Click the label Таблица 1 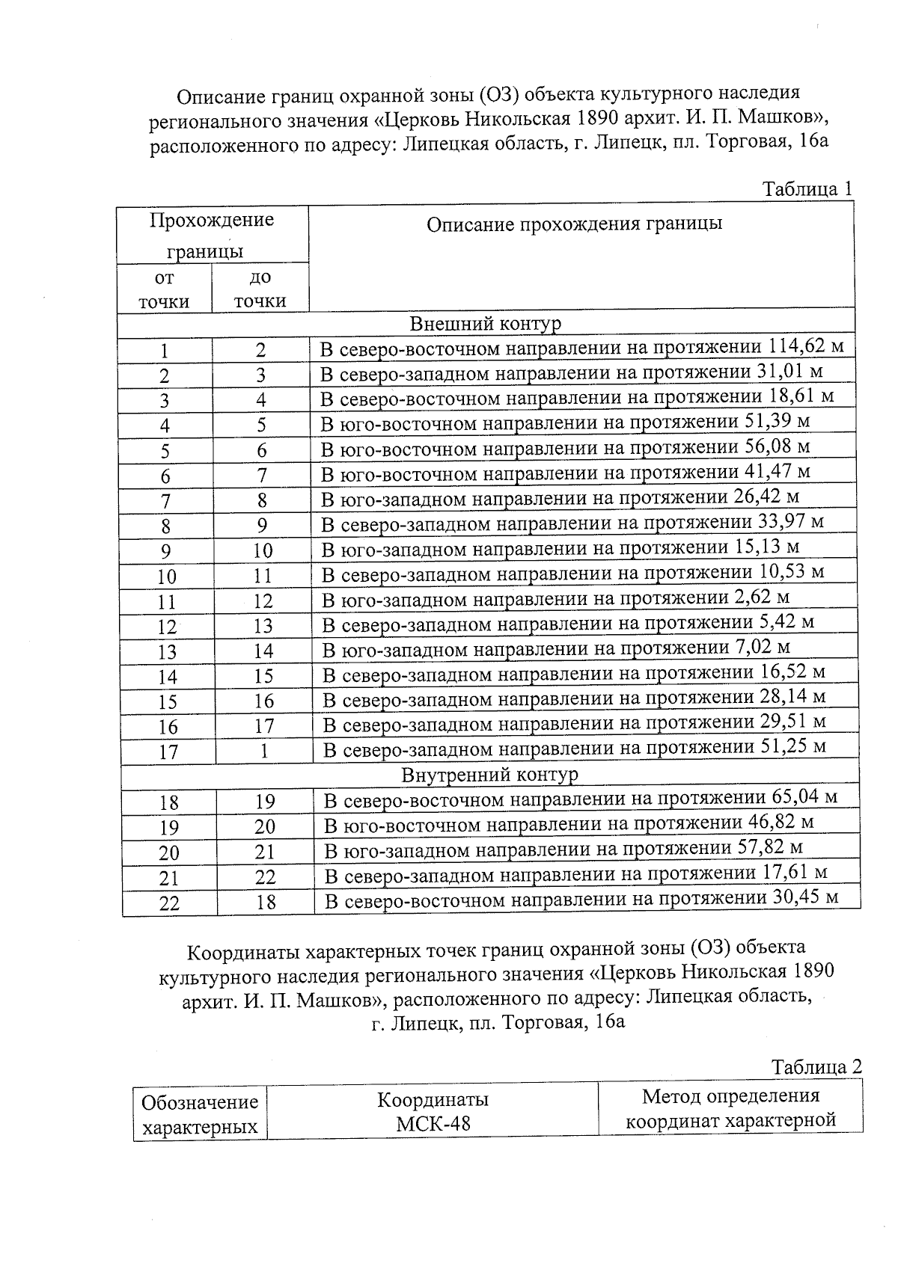(x=807, y=188)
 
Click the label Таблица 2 (x=816, y=1066)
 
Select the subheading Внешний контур (x=485, y=324)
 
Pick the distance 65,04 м (x=804, y=797)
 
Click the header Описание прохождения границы (x=574, y=224)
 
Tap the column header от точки (x=164, y=289)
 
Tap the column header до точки (x=260, y=289)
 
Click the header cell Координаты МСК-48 (x=433, y=1111)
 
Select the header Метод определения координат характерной (x=730, y=1109)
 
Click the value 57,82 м (x=775, y=847)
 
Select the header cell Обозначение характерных (x=200, y=1114)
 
